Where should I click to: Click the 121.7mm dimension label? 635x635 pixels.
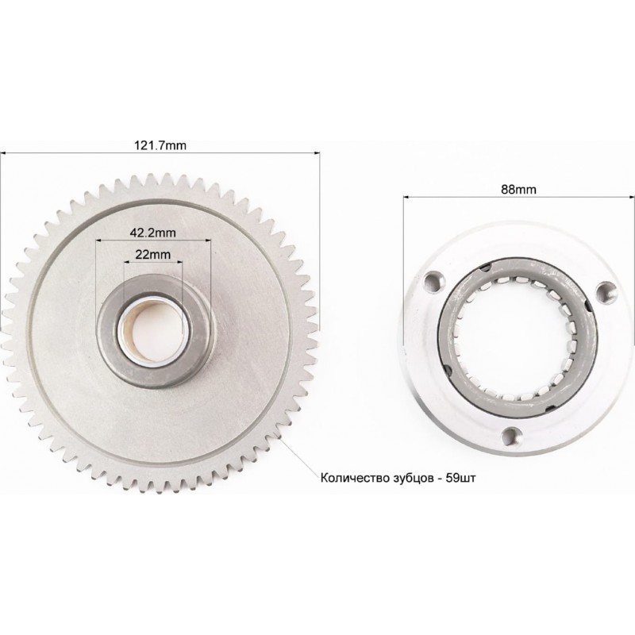(x=160, y=145)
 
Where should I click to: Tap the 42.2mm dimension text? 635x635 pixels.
(x=152, y=233)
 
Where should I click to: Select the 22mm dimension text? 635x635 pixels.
(x=152, y=254)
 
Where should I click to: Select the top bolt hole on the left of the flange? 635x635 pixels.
(x=432, y=283)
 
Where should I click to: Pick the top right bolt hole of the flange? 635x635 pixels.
(x=605, y=291)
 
